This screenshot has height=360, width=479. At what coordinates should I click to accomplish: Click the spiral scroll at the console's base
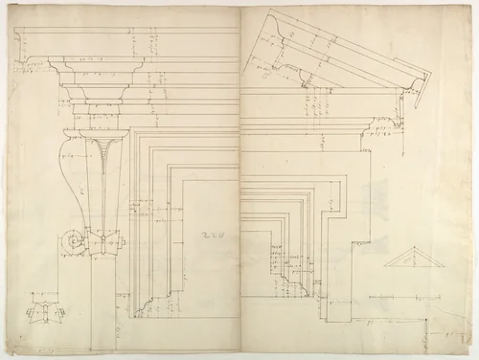(x=72, y=241)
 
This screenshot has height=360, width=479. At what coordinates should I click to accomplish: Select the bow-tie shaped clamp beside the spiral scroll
(x=103, y=242)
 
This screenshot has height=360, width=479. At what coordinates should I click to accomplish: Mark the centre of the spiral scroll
(x=72, y=241)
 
